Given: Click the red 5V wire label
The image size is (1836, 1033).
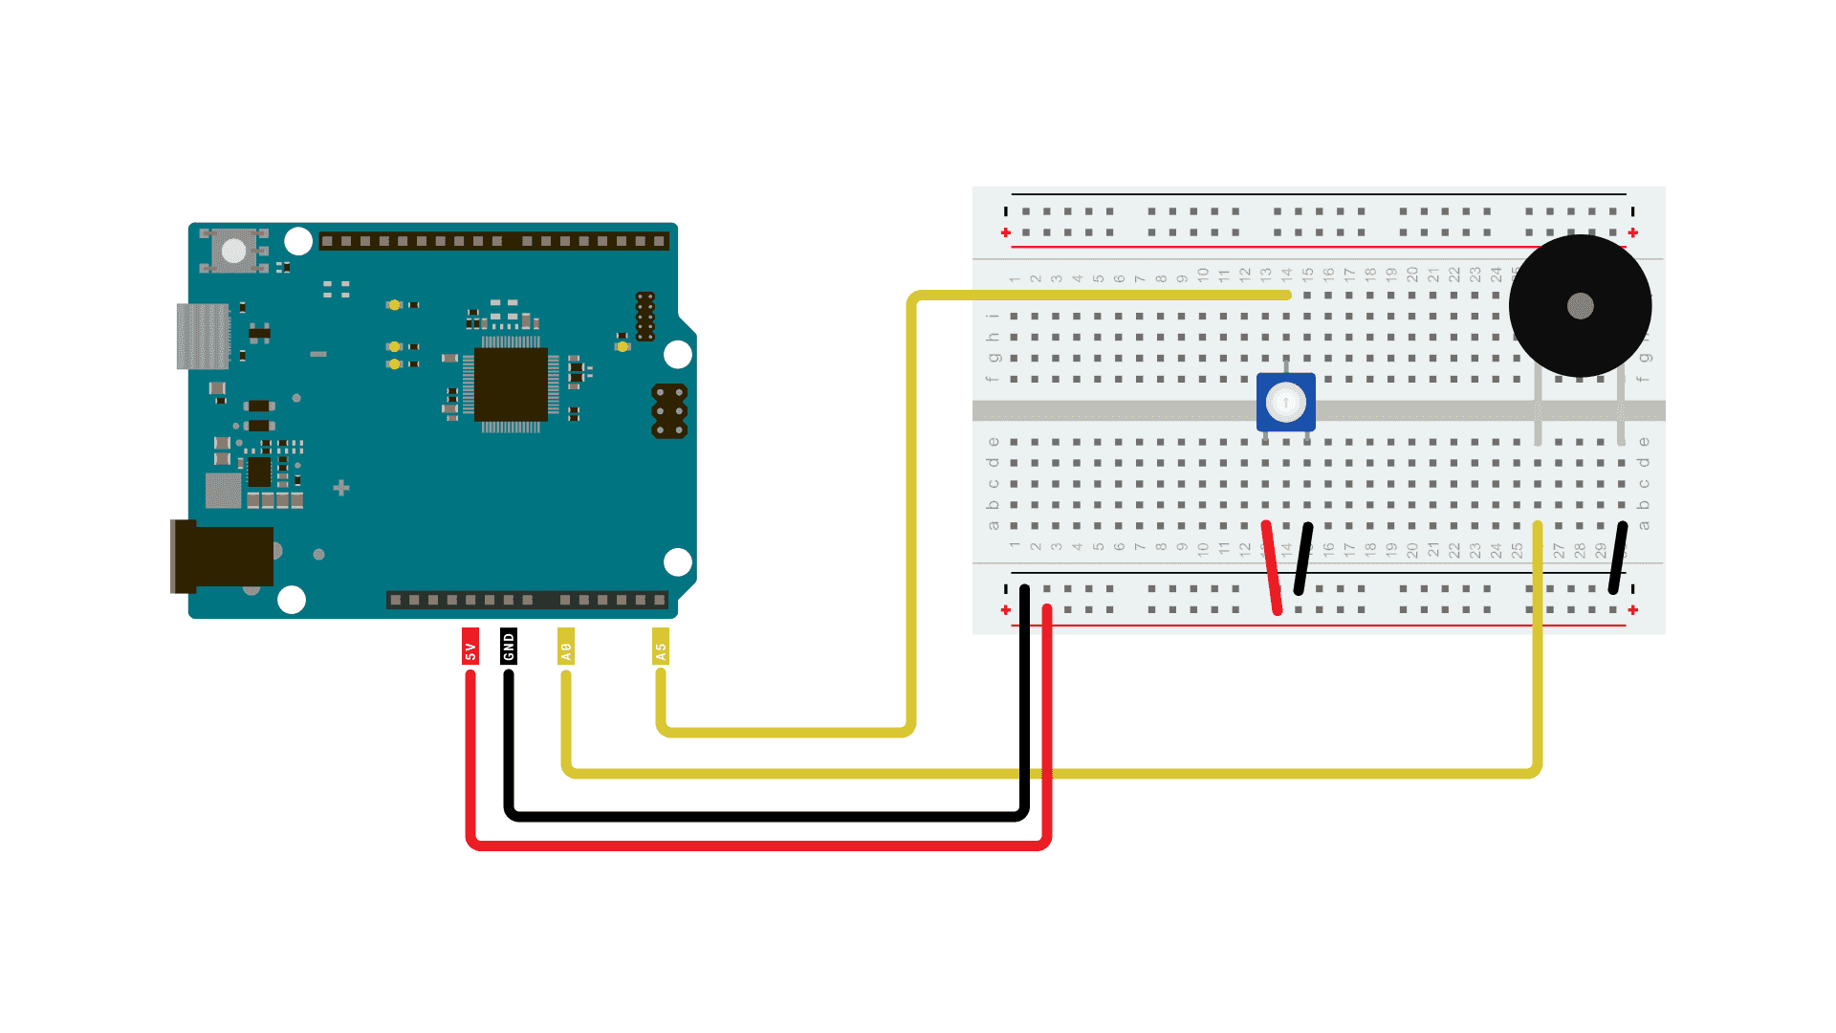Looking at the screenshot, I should (470, 648).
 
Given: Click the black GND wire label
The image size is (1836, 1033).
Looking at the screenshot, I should (509, 647).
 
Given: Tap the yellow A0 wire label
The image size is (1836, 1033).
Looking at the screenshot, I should (566, 648).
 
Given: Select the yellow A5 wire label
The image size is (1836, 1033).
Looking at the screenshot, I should (660, 648).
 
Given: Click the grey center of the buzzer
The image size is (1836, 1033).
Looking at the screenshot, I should (1580, 306).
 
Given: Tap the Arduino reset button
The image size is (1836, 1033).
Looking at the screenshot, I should (234, 251).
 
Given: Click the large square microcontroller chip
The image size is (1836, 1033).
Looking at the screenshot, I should (511, 385).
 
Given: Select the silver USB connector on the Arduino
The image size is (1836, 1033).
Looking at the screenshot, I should (203, 336).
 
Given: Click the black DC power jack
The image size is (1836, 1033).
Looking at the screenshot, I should (222, 556).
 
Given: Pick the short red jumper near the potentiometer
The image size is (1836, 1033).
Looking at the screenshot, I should (1272, 566).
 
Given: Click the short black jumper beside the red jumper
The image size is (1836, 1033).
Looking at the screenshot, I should (1302, 559).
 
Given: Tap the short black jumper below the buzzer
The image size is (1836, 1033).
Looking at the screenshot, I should (1617, 558).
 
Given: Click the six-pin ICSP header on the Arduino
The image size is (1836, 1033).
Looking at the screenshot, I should (669, 411).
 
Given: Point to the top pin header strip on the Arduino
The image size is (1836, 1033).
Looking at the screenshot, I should (492, 241).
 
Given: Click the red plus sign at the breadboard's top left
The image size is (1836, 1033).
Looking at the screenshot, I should (1005, 233).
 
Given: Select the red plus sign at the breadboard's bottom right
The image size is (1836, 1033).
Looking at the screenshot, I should (1632, 610).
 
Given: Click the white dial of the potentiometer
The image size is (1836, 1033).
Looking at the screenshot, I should (1285, 403).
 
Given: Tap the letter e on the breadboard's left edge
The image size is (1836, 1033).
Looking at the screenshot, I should (994, 442).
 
